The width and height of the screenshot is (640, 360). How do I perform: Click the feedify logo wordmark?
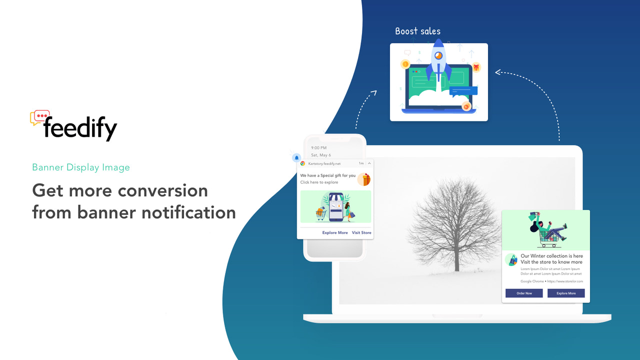(x=80, y=128)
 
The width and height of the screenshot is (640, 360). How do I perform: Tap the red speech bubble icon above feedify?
(x=40, y=116)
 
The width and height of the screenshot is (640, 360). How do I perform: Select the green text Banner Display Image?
(x=81, y=167)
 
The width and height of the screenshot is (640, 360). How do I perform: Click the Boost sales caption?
(x=417, y=31)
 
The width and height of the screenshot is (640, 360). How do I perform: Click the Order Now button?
(x=524, y=293)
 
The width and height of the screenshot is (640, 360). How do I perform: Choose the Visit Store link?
(x=361, y=232)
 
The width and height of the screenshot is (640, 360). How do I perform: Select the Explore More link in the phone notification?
(x=335, y=232)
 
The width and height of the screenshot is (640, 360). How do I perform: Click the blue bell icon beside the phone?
(x=296, y=157)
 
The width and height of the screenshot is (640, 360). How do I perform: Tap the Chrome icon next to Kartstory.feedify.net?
(x=302, y=163)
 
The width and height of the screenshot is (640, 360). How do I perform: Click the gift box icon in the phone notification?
(x=364, y=179)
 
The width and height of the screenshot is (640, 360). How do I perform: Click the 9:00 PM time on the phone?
(x=318, y=148)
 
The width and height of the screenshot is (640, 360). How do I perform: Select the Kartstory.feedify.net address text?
(x=324, y=163)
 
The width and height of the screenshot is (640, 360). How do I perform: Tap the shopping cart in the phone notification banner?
(x=320, y=213)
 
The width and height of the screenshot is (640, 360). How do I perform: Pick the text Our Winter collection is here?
(x=551, y=256)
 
